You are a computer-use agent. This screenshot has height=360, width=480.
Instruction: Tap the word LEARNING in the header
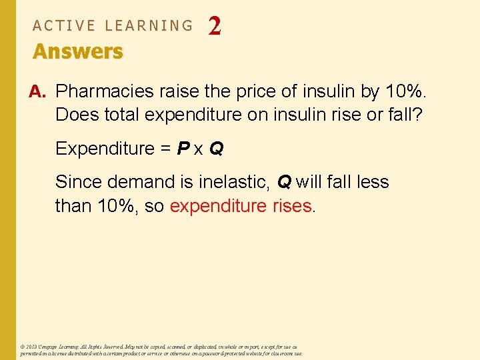pos(149,25)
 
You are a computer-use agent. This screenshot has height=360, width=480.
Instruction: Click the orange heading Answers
pos(78,51)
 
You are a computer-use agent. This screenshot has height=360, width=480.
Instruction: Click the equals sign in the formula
pos(165,148)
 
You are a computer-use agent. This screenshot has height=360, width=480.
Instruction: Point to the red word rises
pos(292,205)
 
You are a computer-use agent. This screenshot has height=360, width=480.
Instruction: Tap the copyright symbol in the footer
pos(23,347)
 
